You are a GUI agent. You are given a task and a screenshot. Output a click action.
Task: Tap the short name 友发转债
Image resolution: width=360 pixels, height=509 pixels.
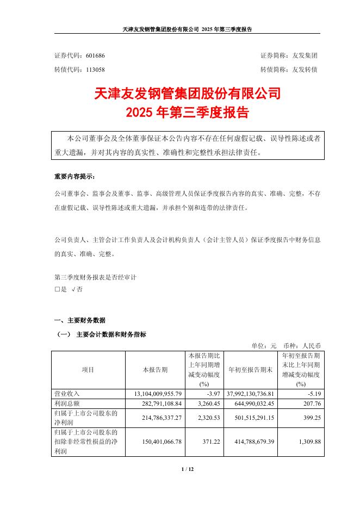(307, 70)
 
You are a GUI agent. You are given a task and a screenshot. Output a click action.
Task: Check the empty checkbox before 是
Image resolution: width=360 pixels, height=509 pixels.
(57, 290)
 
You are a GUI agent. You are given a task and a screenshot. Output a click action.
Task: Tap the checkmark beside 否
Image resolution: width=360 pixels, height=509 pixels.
(73, 290)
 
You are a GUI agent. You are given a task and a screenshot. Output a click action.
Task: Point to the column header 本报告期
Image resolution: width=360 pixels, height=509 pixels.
(155, 370)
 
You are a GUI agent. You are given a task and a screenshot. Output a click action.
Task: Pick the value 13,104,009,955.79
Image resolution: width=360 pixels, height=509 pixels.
(155, 393)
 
